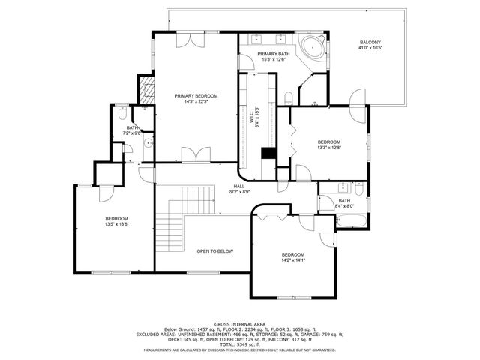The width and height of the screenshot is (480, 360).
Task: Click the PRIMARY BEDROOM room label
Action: click(x=196, y=95)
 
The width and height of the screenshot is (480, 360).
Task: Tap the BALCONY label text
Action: click(x=370, y=43)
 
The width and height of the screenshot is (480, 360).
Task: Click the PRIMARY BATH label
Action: click(x=273, y=55)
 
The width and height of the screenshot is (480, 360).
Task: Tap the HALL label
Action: click(x=238, y=186)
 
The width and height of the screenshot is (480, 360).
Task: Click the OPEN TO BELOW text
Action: click(x=214, y=250)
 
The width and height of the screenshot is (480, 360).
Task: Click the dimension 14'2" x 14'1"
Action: click(x=293, y=260)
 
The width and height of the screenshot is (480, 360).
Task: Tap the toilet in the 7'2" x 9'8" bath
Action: click(x=123, y=115)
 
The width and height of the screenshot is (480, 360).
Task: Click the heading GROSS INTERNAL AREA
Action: click(x=239, y=324)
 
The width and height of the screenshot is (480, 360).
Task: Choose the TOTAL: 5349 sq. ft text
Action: click(x=239, y=344)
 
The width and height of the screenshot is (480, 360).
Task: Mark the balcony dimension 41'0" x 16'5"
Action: click(x=370, y=49)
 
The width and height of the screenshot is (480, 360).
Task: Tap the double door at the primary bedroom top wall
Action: click(x=186, y=39)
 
